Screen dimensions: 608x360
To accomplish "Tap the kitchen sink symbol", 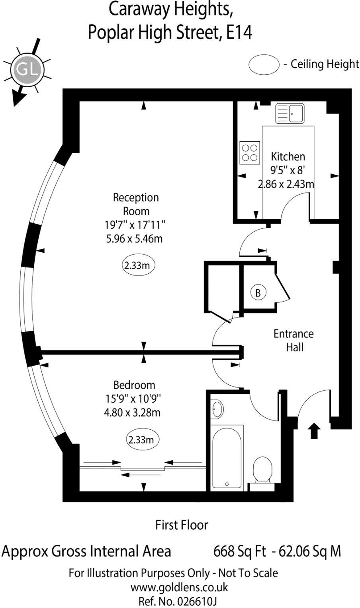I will [290, 114].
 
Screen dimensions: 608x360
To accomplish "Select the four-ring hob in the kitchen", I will [250, 153].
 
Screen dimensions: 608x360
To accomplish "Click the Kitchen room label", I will [288, 156].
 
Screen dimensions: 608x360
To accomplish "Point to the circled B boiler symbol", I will [258, 293].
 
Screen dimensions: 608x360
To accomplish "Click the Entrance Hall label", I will [293, 340].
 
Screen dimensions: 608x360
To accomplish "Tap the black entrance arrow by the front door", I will [314, 431].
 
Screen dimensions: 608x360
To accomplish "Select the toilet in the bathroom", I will [262, 470].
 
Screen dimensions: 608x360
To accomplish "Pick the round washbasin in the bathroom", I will [217, 409].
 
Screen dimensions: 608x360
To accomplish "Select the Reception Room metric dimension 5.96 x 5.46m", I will [133, 239].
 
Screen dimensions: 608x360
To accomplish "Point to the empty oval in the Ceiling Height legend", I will [264, 64].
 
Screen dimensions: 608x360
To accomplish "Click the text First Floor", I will [182, 525].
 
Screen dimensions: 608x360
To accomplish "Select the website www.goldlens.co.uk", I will [179, 587].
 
